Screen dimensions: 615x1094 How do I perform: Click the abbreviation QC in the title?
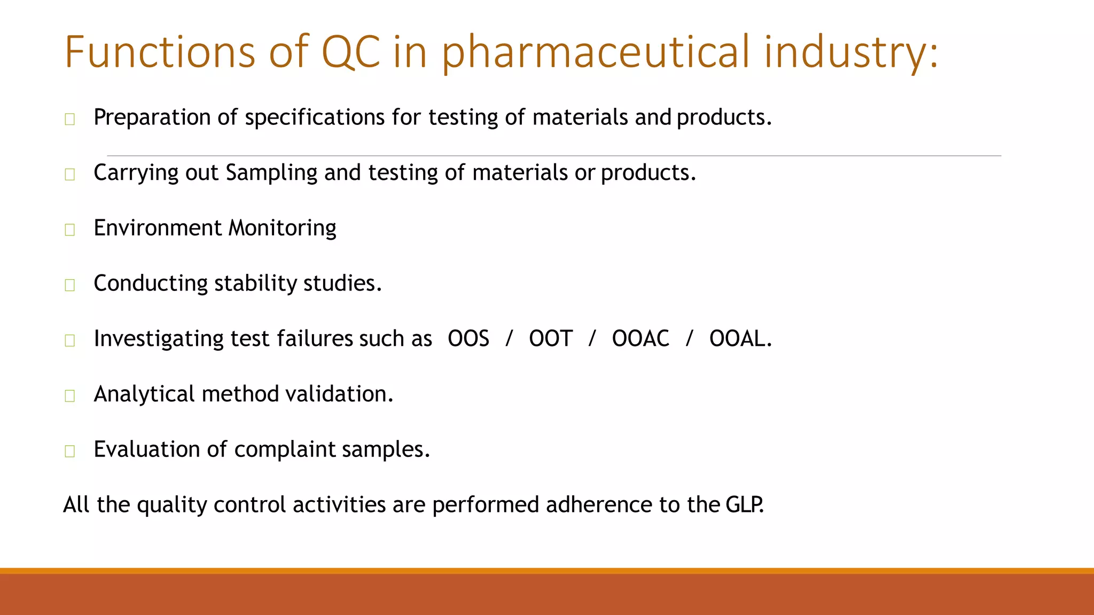tap(350, 52)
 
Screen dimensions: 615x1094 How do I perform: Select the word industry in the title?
tap(850, 52)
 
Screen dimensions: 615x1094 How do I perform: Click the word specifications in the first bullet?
tap(314, 117)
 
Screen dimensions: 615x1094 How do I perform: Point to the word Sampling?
tap(271, 173)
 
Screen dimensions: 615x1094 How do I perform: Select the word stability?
tap(255, 283)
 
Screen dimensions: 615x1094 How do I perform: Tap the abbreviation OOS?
tap(468, 339)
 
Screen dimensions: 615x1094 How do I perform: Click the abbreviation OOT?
tap(550, 339)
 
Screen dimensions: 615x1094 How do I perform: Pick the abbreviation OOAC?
tap(640, 339)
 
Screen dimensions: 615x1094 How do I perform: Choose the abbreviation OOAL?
tap(740, 339)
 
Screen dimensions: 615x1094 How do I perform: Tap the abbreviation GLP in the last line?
tap(745, 505)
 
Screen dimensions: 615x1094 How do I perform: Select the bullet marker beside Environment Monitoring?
tap(69, 230)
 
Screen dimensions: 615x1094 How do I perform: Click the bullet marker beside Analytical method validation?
tap(69, 396)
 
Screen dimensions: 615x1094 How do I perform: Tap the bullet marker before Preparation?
tap(69, 119)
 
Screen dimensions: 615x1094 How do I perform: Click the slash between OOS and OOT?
tap(509, 339)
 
